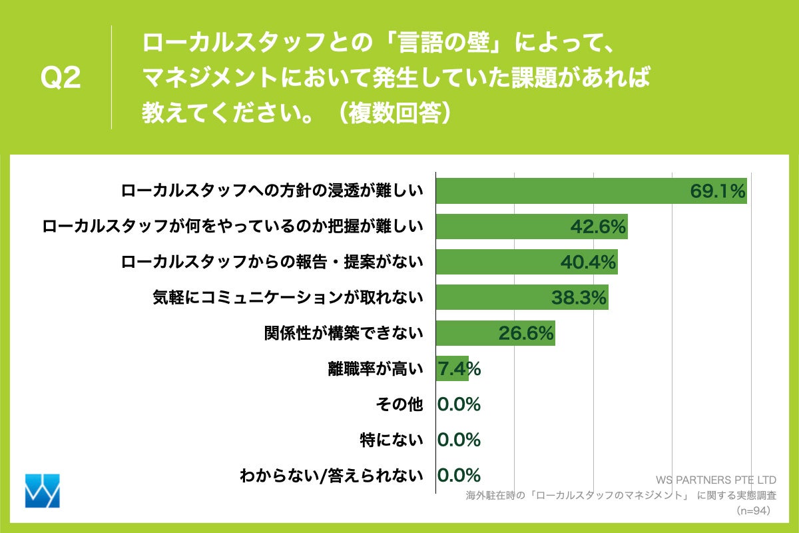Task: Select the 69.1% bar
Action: pos(591,191)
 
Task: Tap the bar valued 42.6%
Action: pos(531,227)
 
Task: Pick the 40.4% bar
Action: pos(526,262)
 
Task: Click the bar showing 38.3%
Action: pos(521,297)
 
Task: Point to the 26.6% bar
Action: pos(495,332)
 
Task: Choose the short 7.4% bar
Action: pos(451,368)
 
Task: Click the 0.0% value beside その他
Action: pos(459,404)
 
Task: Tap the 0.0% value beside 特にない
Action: pos(459,440)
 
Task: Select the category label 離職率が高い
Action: pos(375,368)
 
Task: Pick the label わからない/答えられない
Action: pos(332,476)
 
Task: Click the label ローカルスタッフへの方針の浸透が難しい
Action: pos(272,191)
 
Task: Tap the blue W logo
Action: pos(42,491)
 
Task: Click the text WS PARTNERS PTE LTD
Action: pos(716,480)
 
